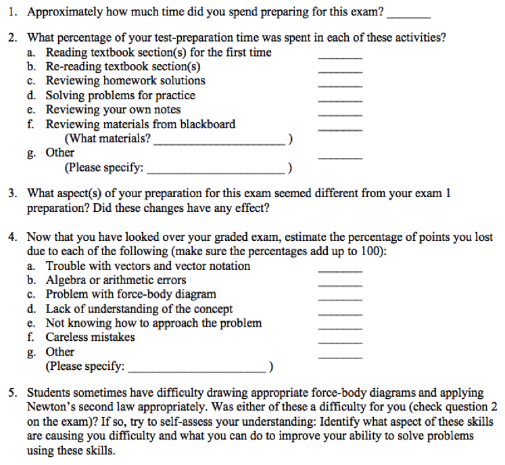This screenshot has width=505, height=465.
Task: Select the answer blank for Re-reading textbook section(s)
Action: (x=340, y=72)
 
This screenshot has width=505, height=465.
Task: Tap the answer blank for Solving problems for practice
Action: (x=340, y=100)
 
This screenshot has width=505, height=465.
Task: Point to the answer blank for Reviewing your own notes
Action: (x=340, y=114)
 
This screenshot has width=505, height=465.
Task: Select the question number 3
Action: (x=13, y=194)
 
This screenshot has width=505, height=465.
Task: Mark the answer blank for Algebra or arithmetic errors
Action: (x=340, y=285)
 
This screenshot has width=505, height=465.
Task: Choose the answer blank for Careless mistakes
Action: (x=340, y=341)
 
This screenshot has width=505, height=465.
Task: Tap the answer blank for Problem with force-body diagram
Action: (x=340, y=299)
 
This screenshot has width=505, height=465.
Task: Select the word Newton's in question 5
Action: (x=48, y=407)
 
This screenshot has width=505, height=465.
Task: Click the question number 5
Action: (x=13, y=393)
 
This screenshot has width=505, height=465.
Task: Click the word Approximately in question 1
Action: (x=64, y=12)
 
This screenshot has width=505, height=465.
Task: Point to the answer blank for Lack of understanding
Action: (x=340, y=313)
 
